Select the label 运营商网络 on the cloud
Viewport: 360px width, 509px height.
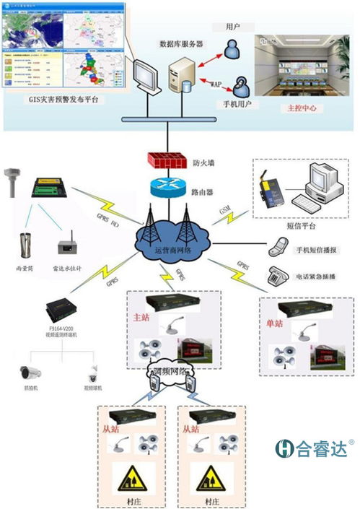click(x=173, y=250)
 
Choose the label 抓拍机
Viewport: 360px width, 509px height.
click(x=30, y=388)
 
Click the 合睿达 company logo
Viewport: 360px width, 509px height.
click(x=311, y=447)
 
